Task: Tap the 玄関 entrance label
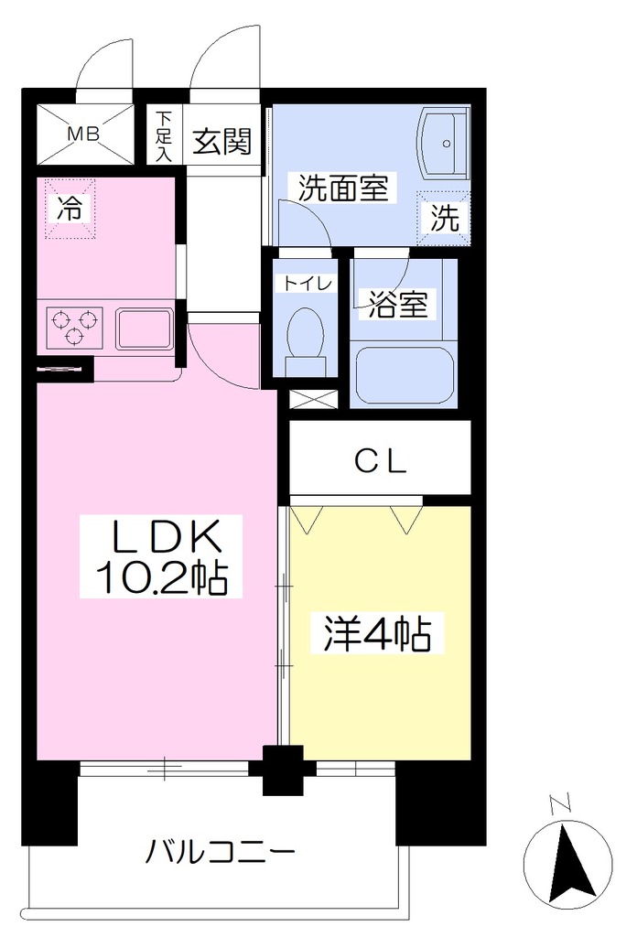[x=221, y=141]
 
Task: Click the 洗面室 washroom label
[x=342, y=188]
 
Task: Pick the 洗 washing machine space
[x=444, y=218]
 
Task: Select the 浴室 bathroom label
[x=397, y=304]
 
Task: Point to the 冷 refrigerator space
[x=70, y=209]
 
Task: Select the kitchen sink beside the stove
[x=144, y=328]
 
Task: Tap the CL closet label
[x=380, y=461]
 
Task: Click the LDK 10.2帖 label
[x=161, y=556]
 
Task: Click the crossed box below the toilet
[x=314, y=400]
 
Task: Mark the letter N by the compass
[x=559, y=804]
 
